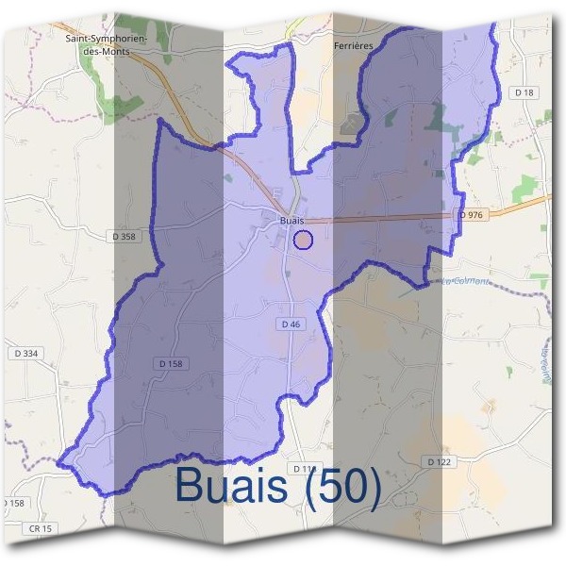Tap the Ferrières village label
pos(354,44)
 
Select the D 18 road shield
pos(525,92)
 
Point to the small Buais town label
pos(291,221)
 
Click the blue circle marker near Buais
pos(303,240)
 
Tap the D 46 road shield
pos(291,324)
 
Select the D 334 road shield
pos(26,353)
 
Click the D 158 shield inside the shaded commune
pos(170,363)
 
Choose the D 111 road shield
pos(304,468)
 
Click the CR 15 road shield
pos(39,526)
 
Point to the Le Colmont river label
pos(466,281)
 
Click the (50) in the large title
pos(342,487)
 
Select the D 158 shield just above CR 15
pos(11,504)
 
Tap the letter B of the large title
pos(190,487)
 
